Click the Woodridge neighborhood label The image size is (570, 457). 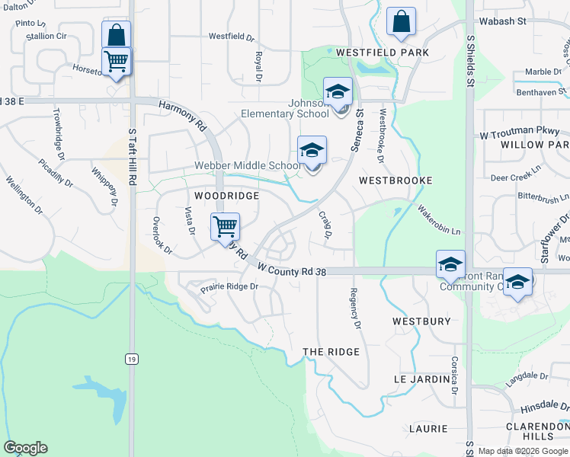(226, 196)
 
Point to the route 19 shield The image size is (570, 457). (132, 357)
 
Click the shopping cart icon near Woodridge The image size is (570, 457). (225, 227)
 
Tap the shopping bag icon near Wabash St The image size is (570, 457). (401, 23)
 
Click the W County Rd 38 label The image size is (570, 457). (292, 270)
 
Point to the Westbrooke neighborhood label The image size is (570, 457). (395, 181)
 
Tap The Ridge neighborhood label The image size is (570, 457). (331, 351)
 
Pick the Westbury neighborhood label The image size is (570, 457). (421, 321)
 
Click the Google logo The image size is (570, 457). (25, 448)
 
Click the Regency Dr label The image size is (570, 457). (354, 308)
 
